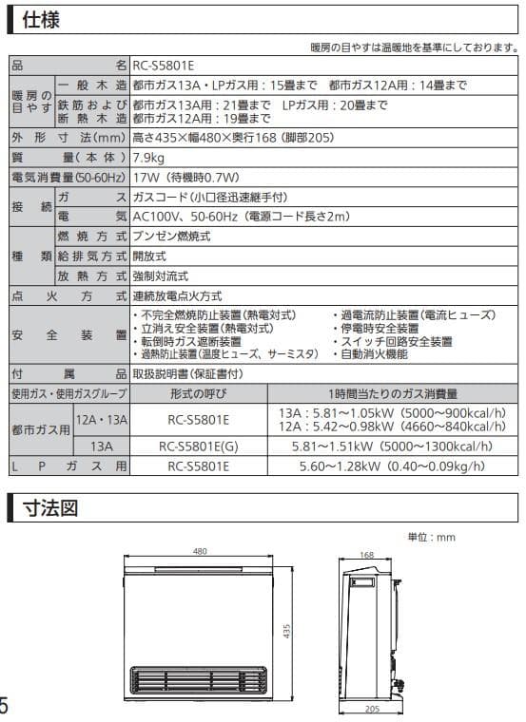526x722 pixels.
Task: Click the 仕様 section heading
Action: [x=41, y=18]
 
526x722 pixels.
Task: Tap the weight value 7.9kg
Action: [x=150, y=157]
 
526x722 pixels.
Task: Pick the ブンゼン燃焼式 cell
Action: [x=171, y=236]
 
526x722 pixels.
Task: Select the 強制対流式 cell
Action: [x=162, y=275]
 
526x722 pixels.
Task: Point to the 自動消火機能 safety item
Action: [x=373, y=354]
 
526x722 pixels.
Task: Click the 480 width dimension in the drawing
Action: [x=200, y=551]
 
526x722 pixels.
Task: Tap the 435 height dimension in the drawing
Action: [x=285, y=631]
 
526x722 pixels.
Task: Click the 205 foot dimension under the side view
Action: [x=372, y=709]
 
